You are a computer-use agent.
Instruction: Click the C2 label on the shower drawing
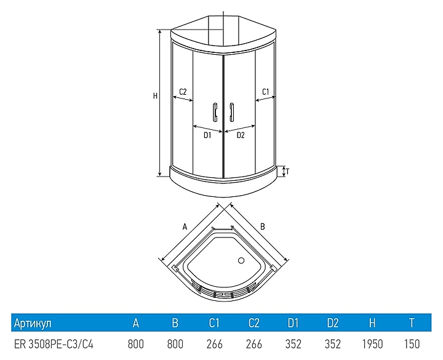183,92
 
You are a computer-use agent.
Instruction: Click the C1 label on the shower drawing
266,92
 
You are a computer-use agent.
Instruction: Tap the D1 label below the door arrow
207,135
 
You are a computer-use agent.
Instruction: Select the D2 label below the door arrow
241,135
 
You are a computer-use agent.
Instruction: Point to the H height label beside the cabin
155,96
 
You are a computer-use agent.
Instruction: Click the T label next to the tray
287,171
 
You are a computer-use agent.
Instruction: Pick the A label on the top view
185,226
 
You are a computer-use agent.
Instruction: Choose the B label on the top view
263,226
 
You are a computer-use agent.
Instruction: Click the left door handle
215,112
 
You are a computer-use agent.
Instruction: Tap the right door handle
232,112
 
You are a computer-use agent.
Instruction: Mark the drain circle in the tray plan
241,260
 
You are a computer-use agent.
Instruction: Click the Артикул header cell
33,322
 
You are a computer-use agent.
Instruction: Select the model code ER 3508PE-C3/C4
54,344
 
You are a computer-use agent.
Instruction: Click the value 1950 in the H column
372,344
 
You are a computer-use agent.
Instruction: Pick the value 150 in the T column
412,344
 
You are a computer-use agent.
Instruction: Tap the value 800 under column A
136,344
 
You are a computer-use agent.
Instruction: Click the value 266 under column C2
254,344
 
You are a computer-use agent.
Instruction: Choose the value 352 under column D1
293,344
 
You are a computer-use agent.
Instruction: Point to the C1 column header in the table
214,322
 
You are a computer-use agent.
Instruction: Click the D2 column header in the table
332,322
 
